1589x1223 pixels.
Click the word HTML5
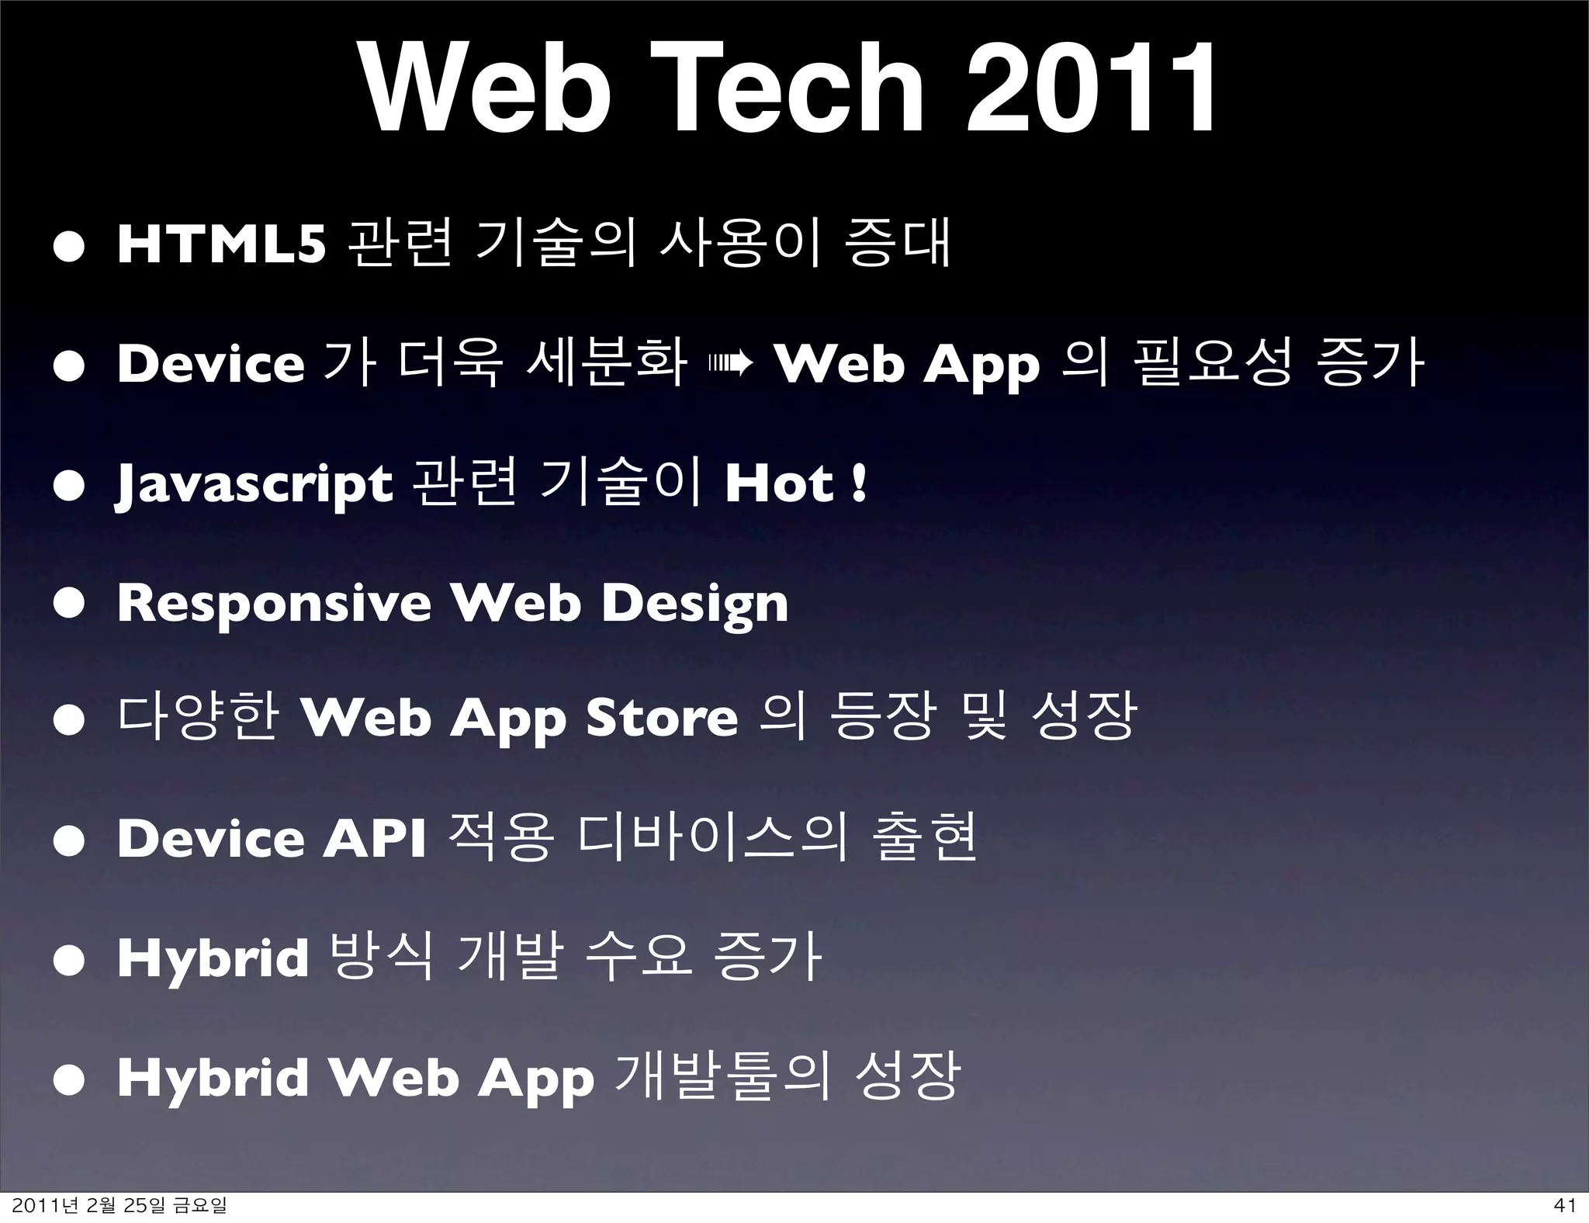point(221,244)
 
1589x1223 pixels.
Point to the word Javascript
point(254,484)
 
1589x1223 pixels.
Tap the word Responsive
point(274,604)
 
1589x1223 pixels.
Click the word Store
point(661,717)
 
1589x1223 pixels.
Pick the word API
point(374,839)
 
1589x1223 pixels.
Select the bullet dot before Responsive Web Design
point(68,604)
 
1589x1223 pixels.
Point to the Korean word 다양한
point(198,715)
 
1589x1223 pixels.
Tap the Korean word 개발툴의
point(722,1077)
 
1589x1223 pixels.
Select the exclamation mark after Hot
point(858,483)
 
